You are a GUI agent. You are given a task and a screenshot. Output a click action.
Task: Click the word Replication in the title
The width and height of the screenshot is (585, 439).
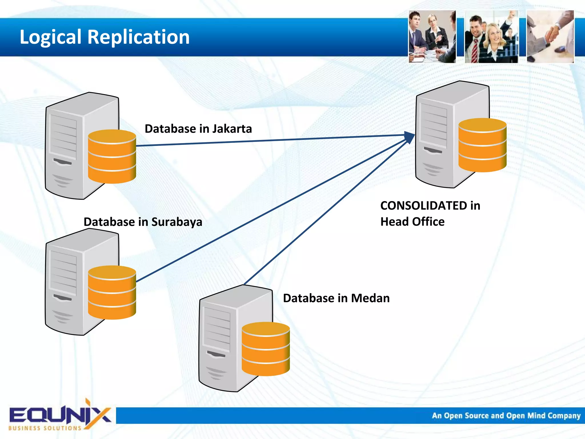139,37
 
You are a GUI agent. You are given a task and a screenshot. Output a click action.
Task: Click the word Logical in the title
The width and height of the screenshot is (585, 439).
51,37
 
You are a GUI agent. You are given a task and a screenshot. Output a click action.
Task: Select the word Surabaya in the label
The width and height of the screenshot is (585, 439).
177,222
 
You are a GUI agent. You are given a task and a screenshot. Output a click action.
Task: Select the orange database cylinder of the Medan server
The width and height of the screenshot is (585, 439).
266,349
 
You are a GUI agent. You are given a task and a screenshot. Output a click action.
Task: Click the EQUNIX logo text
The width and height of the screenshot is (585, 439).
60,415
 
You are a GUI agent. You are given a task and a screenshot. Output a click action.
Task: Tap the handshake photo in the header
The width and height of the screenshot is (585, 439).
550,37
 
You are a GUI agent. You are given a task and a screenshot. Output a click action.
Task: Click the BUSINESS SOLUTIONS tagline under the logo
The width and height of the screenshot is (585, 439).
45,428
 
